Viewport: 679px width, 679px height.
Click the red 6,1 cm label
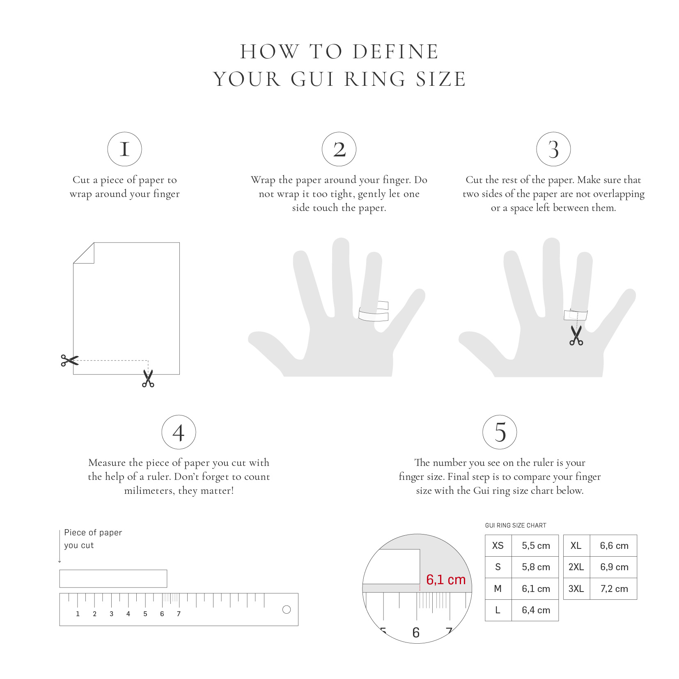[446, 580]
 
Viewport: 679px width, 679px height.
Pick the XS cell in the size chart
[498, 546]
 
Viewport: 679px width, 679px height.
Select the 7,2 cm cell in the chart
[614, 589]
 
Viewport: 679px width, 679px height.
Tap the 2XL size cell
[576, 567]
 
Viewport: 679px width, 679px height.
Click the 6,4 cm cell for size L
[535, 610]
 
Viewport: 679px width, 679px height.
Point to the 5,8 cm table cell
[535, 567]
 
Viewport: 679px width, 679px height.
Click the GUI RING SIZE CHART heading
[516, 525]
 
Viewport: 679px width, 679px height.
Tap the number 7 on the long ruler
[179, 614]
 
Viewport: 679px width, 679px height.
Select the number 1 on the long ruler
[78, 614]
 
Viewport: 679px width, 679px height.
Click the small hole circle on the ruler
[287, 610]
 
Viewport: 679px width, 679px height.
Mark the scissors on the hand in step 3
[576, 335]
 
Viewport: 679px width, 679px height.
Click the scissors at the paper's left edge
[69, 360]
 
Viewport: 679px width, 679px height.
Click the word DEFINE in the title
[396, 52]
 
